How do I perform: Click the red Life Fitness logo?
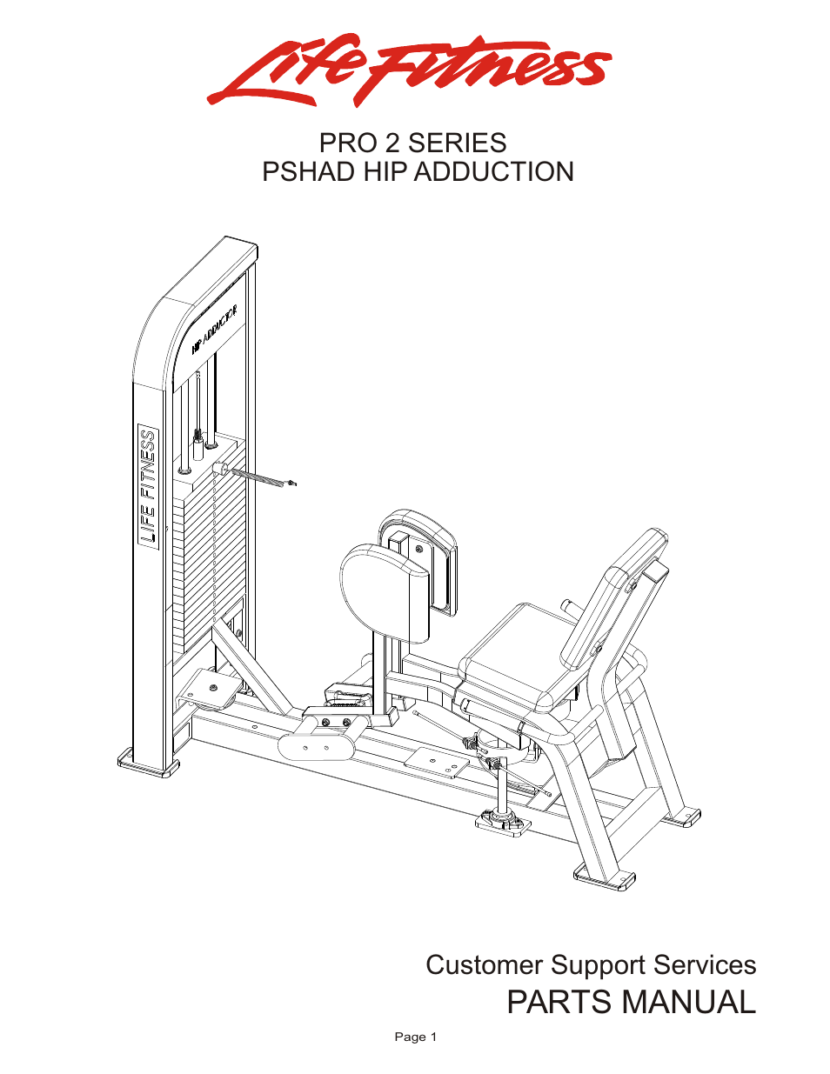tap(409, 70)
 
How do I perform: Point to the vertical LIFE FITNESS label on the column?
tap(149, 488)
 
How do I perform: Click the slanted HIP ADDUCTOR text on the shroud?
tap(214, 330)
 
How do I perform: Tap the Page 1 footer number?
tap(415, 1037)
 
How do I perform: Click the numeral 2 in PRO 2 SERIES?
tap(392, 143)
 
